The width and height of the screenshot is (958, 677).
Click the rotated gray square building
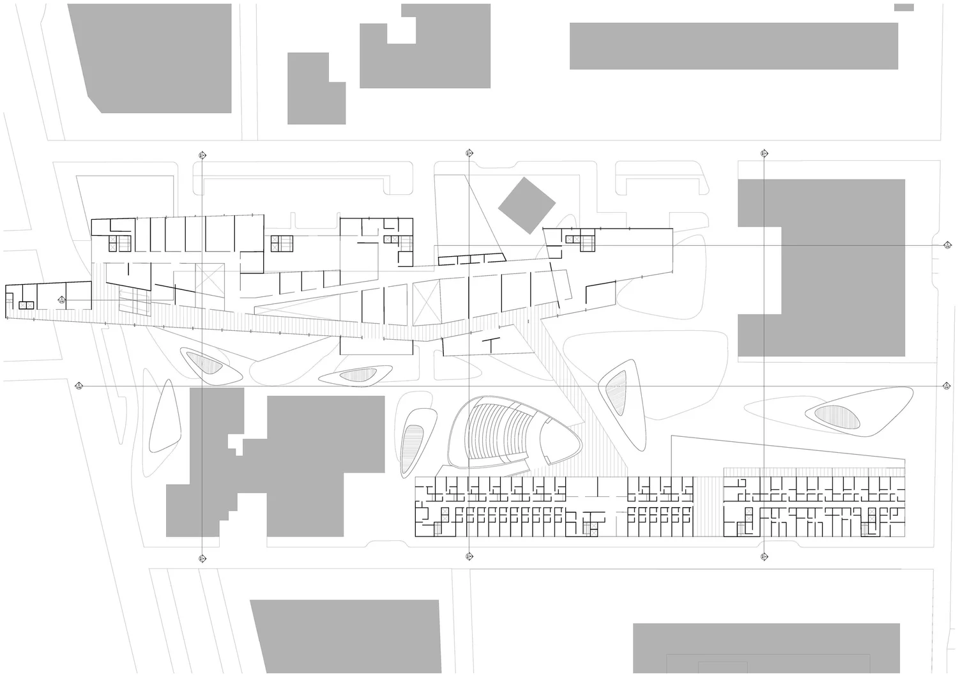(526, 205)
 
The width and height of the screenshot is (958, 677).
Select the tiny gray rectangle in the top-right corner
(904, 7)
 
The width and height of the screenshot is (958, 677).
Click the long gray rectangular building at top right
(733, 46)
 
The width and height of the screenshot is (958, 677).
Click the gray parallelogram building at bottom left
(348, 635)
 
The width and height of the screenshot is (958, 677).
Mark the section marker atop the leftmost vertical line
(202, 155)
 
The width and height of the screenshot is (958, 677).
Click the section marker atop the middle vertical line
(469, 153)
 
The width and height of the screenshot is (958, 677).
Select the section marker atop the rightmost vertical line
(764, 153)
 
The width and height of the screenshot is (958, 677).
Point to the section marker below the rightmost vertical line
(764, 557)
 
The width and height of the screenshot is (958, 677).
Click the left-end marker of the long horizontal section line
(79, 385)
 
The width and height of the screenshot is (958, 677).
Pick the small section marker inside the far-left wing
(62, 300)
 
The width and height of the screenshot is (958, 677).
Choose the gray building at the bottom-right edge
(766, 648)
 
